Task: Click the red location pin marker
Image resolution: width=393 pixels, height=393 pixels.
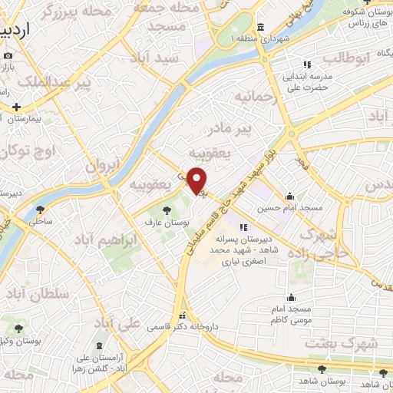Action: [197, 181]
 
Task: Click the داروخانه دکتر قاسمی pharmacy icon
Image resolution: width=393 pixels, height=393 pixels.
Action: [182, 315]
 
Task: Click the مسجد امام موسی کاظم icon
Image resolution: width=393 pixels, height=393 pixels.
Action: [291, 297]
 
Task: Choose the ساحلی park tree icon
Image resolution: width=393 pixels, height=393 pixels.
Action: [40, 208]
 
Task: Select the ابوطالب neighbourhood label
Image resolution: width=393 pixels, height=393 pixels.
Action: [346, 58]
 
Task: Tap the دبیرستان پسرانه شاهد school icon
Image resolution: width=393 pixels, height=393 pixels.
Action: [243, 227]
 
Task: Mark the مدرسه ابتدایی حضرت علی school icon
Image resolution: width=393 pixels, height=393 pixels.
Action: [307, 64]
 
